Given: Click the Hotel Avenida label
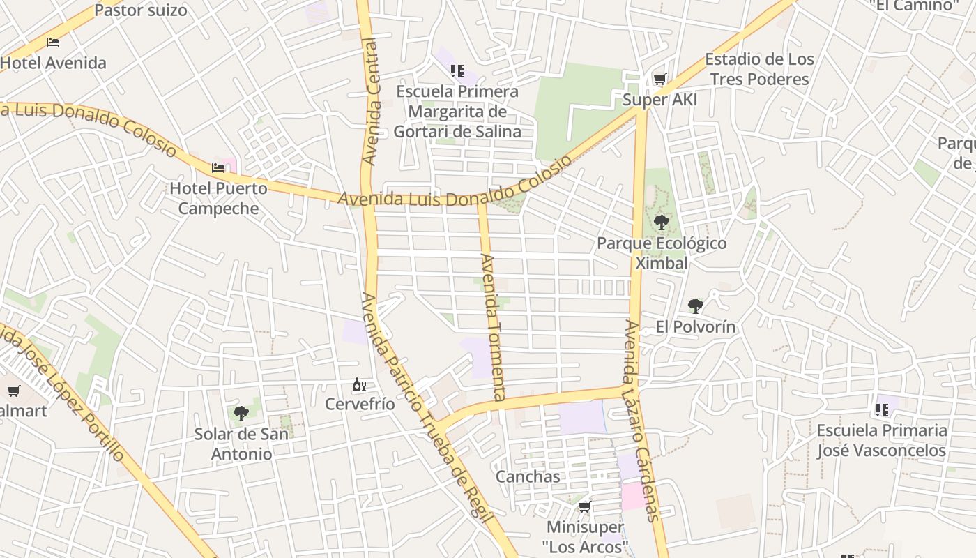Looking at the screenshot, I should click(54, 63).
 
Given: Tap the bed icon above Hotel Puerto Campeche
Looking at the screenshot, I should click(218, 168).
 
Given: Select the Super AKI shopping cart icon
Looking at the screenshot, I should click(659, 80).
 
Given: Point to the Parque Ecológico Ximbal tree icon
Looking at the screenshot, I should click(661, 223).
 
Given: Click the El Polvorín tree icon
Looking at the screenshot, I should click(695, 306).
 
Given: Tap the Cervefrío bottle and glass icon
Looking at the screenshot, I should click(360, 384).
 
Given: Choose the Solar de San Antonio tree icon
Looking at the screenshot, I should click(241, 414).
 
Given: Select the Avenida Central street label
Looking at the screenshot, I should click(370, 101).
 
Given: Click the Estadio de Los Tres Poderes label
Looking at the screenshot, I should click(759, 69).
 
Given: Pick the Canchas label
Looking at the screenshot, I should click(528, 476).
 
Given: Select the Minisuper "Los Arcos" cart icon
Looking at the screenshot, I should click(585, 507).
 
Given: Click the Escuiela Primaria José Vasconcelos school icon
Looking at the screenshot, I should click(882, 409).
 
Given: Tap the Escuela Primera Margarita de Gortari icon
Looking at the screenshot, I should click(457, 70).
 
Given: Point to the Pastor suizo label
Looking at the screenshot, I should click(141, 10).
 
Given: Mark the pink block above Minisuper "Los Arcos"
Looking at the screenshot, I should click(634, 496).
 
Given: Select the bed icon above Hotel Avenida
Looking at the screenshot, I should click(53, 43).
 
